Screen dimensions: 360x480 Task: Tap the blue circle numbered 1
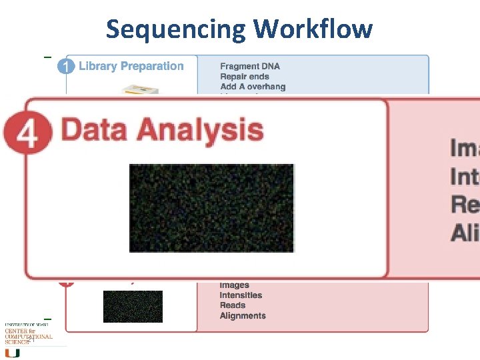click(66, 67)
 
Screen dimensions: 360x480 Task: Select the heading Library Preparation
click(131, 66)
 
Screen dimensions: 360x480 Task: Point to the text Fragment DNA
click(250, 66)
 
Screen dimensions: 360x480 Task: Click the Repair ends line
click(245, 77)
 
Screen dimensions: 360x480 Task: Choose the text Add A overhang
click(253, 87)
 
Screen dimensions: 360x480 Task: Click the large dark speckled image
click(211, 207)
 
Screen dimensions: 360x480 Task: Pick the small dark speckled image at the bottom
click(132, 306)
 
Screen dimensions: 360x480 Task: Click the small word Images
click(234, 285)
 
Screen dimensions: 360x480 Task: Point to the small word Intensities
click(241, 295)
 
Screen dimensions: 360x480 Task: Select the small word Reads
click(233, 305)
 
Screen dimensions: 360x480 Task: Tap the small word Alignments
click(243, 316)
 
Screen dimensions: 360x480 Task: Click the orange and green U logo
click(12, 352)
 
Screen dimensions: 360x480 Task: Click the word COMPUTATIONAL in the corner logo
click(29, 337)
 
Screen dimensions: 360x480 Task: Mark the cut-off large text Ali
click(465, 233)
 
